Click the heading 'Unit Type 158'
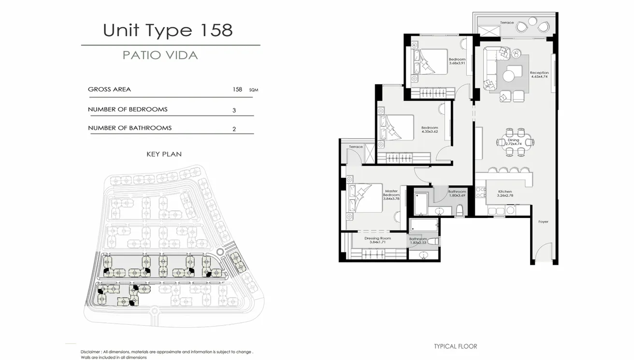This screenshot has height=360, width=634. pyautogui.click(x=168, y=30)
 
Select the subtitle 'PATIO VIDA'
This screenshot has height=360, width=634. pyautogui.click(x=160, y=55)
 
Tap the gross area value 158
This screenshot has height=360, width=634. pyautogui.click(x=237, y=89)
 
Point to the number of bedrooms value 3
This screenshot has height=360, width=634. pyautogui.click(x=234, y=110)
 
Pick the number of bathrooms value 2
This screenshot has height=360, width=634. pyautogui.click(x=234, y=129)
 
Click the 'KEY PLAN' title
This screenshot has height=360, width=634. pyautogui.click(x=164, y=154)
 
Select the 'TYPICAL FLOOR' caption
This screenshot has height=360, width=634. pyautogui.click(x=455, y=346)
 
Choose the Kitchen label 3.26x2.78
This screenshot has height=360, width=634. pyautogui.click(x=505, y=195)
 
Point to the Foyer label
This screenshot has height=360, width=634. pyautogui.click(x=544, y=222)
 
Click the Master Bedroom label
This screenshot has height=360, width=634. pyautogui.click(x=391, y=193)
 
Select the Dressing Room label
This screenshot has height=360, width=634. pyautogui.click(x=377, y=238)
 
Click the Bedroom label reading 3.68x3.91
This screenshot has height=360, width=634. pyautogui.click(x=457, y=61)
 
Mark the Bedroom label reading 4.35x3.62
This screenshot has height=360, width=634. pyautogui.click(x=430, y=130)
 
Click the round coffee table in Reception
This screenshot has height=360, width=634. pyautogui.click(x=508, y=76)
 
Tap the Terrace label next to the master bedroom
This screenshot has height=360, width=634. pyautogui.click(x=356, y=146)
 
